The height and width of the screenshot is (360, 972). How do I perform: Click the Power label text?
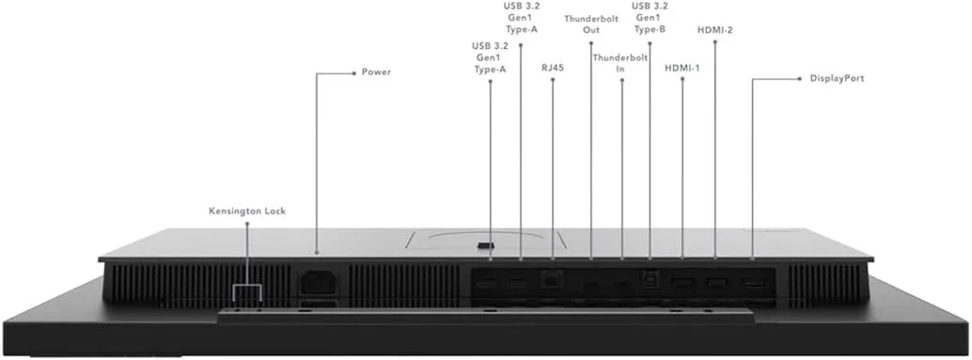point(376,71)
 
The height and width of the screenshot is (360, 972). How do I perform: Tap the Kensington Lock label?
point(247,211)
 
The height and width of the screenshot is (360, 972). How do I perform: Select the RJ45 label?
point(553,68)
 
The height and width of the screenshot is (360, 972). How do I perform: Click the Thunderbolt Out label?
point(591,24)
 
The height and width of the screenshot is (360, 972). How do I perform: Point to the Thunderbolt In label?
point(620,63)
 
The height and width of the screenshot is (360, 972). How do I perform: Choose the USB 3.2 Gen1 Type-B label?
point(650,18)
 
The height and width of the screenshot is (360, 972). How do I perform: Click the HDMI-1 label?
point(682,69)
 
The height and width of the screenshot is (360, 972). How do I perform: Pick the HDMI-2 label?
point(715,29)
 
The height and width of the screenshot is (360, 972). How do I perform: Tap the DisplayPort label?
point(837,79)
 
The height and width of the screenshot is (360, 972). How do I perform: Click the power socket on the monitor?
point(319,282)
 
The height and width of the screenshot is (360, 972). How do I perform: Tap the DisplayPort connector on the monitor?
point(754,284)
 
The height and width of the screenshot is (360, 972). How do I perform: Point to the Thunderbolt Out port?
point(591,285)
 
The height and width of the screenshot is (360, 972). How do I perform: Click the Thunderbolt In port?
point(620,285)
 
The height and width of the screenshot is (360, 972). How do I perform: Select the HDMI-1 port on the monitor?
point(682,283)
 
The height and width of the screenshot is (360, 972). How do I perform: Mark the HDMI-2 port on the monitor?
point(716,283)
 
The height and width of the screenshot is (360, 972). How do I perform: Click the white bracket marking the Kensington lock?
point(247,287)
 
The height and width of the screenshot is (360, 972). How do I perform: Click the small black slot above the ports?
point(485,245)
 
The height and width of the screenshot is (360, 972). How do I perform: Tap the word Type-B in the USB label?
point(650,30)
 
